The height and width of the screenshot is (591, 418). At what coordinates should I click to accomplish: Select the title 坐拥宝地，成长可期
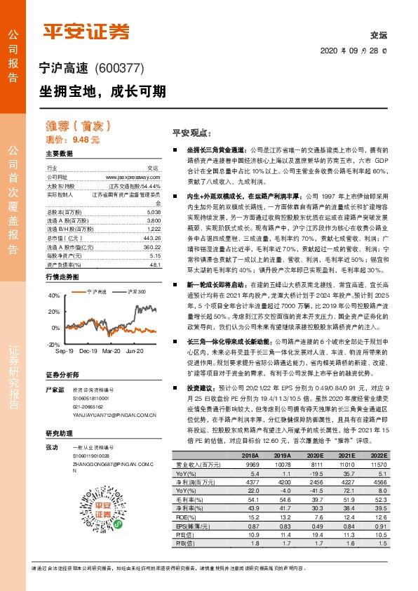(102, 91)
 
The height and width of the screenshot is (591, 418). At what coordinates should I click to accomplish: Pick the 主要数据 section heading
(60, 154)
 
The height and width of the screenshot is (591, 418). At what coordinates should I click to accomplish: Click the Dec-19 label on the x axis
(88, 330)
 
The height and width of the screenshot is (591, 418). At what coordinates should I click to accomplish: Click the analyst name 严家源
(55, 370)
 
